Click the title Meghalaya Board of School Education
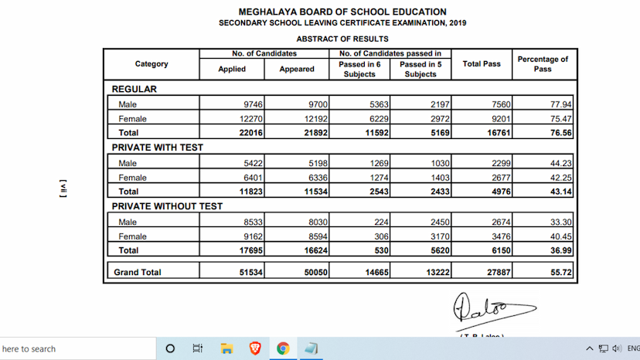click(342, 12)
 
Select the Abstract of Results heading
click(342, 39)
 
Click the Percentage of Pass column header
click(543, 64)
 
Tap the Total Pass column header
click(482, 64)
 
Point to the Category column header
click(151, 64)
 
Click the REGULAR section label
click(134, 89)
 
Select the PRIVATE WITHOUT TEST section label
click(167, 206)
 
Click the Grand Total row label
click(138, 272)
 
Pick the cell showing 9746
click(233, 104)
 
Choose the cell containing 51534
click(233, 272)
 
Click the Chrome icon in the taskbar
click(283, 348)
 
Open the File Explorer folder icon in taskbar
click(226, 348)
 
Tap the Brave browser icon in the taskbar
click(255, 348)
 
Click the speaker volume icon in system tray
click(616, 348)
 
